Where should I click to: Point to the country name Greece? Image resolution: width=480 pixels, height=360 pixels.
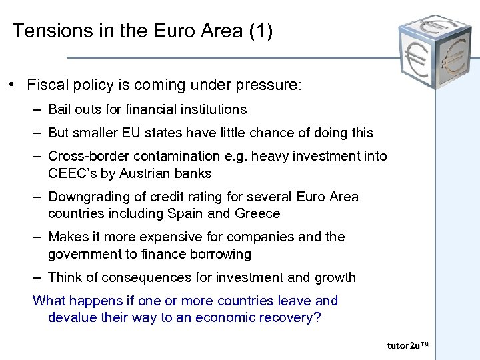click(x=257, y=213)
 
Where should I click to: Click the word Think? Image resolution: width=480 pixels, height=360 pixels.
click(x=65, y=277)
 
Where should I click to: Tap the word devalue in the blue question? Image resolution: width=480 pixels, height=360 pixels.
click(x=72, y=317)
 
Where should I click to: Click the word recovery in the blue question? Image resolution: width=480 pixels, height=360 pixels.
click(x=292, y=317)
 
